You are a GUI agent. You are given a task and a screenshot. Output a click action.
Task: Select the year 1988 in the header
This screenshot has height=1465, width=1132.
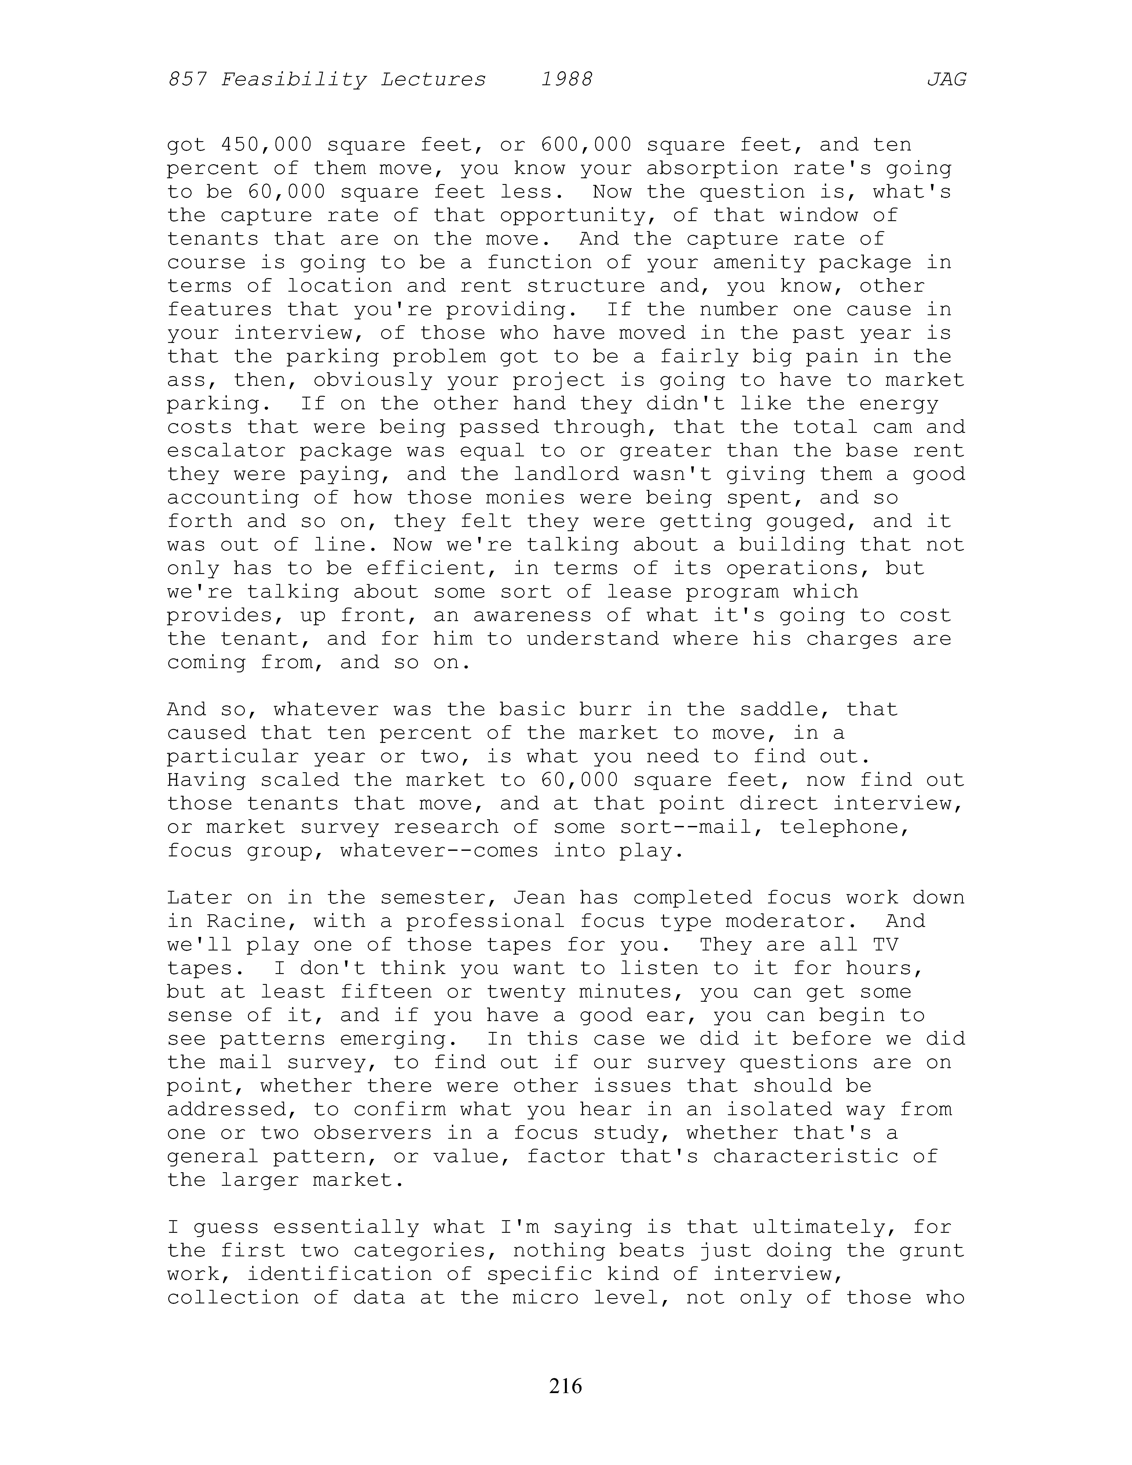click(567, 80)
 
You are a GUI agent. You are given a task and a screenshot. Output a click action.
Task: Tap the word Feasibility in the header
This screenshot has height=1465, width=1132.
click(294, 80)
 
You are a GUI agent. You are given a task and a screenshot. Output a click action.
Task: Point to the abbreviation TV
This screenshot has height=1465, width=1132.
click(885, 944)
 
